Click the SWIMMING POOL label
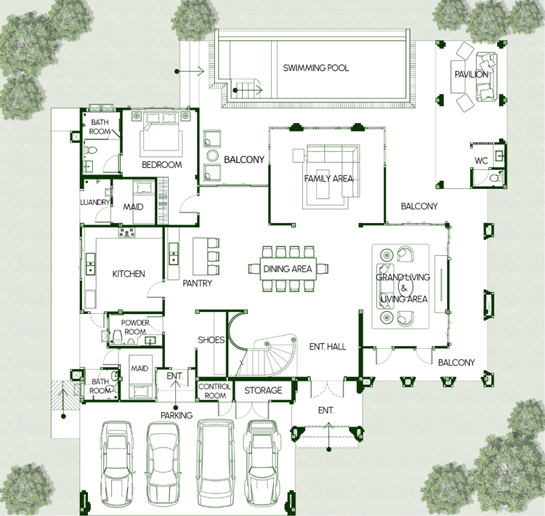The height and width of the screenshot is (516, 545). pos(315,68)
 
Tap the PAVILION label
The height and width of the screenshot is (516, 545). pos(472,74)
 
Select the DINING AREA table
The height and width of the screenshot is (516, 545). pos(288,268)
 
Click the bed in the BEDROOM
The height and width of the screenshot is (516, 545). pos(161,132)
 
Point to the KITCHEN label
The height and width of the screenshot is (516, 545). pos(129,274)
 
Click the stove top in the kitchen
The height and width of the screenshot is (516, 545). pos(126,233)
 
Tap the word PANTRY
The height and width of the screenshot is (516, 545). pos(198,283)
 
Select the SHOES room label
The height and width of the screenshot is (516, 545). pos(211,339)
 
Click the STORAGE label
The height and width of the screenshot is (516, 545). pos(263,390)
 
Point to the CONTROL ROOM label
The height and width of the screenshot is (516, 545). pos(214,391)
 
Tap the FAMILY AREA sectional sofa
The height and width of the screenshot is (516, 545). pos(333,171)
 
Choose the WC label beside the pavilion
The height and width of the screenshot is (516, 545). pos(481,161)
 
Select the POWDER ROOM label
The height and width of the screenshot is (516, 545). pos(135,327)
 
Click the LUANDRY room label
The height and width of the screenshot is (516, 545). pos(95,202)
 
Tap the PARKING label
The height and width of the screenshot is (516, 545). pos(177,415)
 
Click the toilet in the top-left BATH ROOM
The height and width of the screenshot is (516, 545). pos(91,150)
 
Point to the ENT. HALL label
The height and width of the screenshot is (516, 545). pos(328,347)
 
